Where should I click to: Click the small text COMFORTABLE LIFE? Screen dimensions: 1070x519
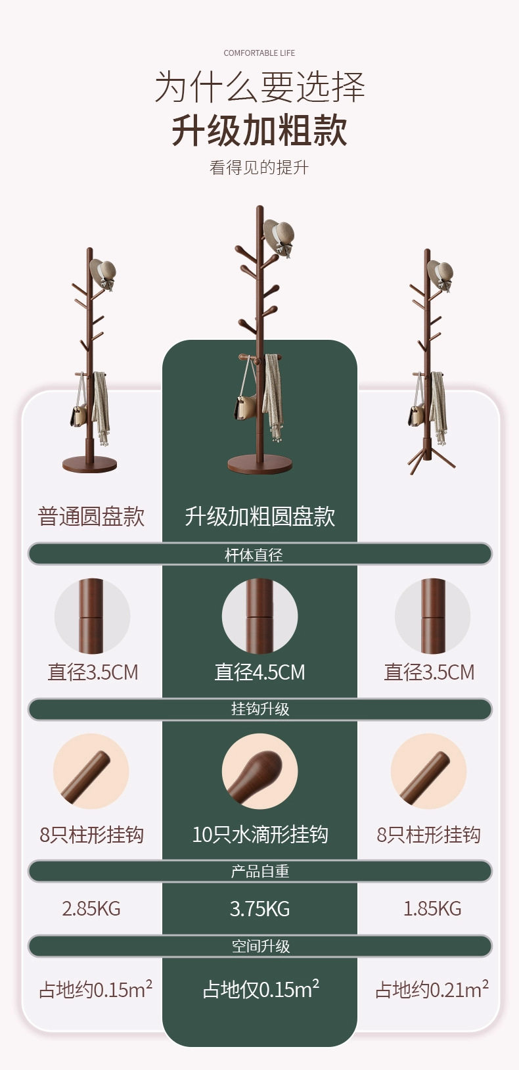[259, 53]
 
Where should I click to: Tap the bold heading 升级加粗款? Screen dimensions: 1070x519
[259, 130]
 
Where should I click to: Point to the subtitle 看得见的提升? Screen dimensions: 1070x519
[259, 168]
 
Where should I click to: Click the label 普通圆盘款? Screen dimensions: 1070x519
[91, 517]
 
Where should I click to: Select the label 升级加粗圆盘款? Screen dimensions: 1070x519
[259, 517]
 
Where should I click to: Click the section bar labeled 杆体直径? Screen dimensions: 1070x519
[259, 555]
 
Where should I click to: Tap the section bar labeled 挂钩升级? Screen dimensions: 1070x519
[259, 709]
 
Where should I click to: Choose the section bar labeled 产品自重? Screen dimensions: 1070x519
[259, 872]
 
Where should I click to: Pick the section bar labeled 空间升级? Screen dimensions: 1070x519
[259, 946]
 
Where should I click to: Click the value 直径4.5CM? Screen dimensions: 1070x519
[259, 672]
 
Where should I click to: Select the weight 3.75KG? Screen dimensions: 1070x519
[259, 909]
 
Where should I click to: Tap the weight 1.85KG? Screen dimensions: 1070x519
[432, 909]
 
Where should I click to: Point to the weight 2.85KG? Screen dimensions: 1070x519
[91, 909]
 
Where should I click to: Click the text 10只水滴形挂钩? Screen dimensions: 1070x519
[259, 835]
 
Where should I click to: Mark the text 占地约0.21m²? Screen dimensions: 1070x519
[432, 989]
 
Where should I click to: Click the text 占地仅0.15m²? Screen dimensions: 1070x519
[260, 989]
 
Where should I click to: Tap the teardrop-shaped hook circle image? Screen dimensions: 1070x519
[259, 772]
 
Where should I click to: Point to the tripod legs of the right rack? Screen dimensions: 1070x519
[431, 457]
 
